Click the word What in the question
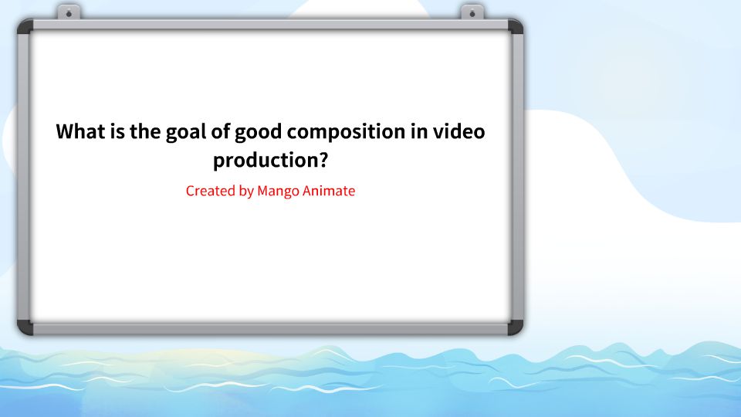pos(80,131)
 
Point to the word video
pos(460,131)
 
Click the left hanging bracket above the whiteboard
pos(69,12)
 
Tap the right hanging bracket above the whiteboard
pos(472,12)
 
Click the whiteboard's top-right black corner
pos(515,26)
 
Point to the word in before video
pos(418,131)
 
